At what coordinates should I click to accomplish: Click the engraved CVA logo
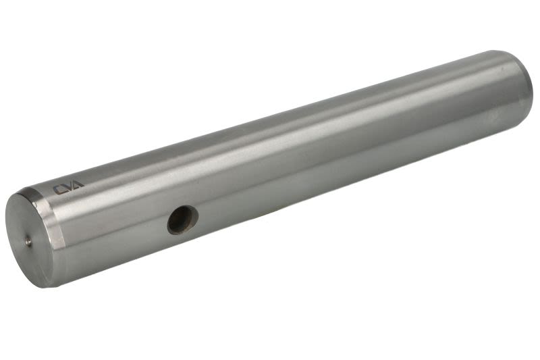(68, 187)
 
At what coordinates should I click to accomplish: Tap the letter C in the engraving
(57, 190)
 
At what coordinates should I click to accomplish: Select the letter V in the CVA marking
(67, 187)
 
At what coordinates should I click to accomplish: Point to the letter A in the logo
(78, 184)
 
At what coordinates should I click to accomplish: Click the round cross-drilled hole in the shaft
(182, 220)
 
